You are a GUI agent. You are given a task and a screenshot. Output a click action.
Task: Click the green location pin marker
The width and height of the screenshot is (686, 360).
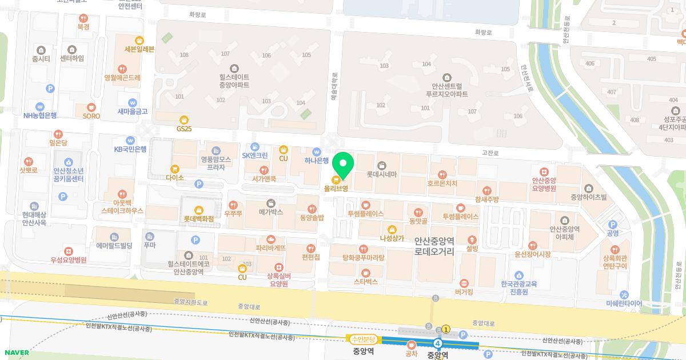pyautogui.click(x=343, y=165)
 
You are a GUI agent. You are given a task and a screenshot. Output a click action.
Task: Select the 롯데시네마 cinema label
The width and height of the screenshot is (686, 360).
pyautogui.click(x=381, y=174)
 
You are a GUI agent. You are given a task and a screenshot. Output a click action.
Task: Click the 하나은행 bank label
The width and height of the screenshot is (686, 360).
pyautogui.click(x=316, y=161)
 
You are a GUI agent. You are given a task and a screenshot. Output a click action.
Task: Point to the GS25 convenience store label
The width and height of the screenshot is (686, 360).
pyautogui.click(x=184, y=129)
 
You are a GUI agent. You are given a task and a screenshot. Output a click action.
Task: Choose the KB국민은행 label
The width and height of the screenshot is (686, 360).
pyautogui.click(x=130, y=149)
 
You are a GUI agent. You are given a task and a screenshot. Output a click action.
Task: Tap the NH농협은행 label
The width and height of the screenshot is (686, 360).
pyautogui.click(x=40, y=115)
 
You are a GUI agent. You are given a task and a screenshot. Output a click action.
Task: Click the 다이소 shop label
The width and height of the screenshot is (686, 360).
pyautogui.click(x=175, y=178)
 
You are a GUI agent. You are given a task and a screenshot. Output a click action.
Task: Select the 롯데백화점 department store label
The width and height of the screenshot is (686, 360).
pyautogui.click(x=198, y=218)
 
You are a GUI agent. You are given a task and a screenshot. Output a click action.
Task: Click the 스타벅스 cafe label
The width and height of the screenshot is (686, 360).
pyautogui.click(x=366, y=281)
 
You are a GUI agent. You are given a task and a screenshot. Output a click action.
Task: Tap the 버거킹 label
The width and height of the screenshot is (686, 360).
pyautogui.click(x=463, y=291)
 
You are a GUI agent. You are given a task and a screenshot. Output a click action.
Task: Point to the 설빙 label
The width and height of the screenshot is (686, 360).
pyautogui.click(x=472, y=249)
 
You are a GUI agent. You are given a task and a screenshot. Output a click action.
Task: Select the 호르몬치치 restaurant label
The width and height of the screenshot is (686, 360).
pyautogui.click(x=442, y=183)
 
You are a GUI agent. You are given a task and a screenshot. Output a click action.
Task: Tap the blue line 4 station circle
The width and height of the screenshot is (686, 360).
pyautogui.click(x=438, y=343)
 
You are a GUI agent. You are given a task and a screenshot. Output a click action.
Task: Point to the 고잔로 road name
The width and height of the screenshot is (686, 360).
pyautogui.click(x=490, y=153)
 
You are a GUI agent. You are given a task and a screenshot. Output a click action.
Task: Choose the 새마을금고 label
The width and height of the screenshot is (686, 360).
pyautogui.click(x=133, y=111)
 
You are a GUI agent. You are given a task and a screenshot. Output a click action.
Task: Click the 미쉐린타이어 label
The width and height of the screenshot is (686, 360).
pyautogui.click(x=624, y=303)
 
